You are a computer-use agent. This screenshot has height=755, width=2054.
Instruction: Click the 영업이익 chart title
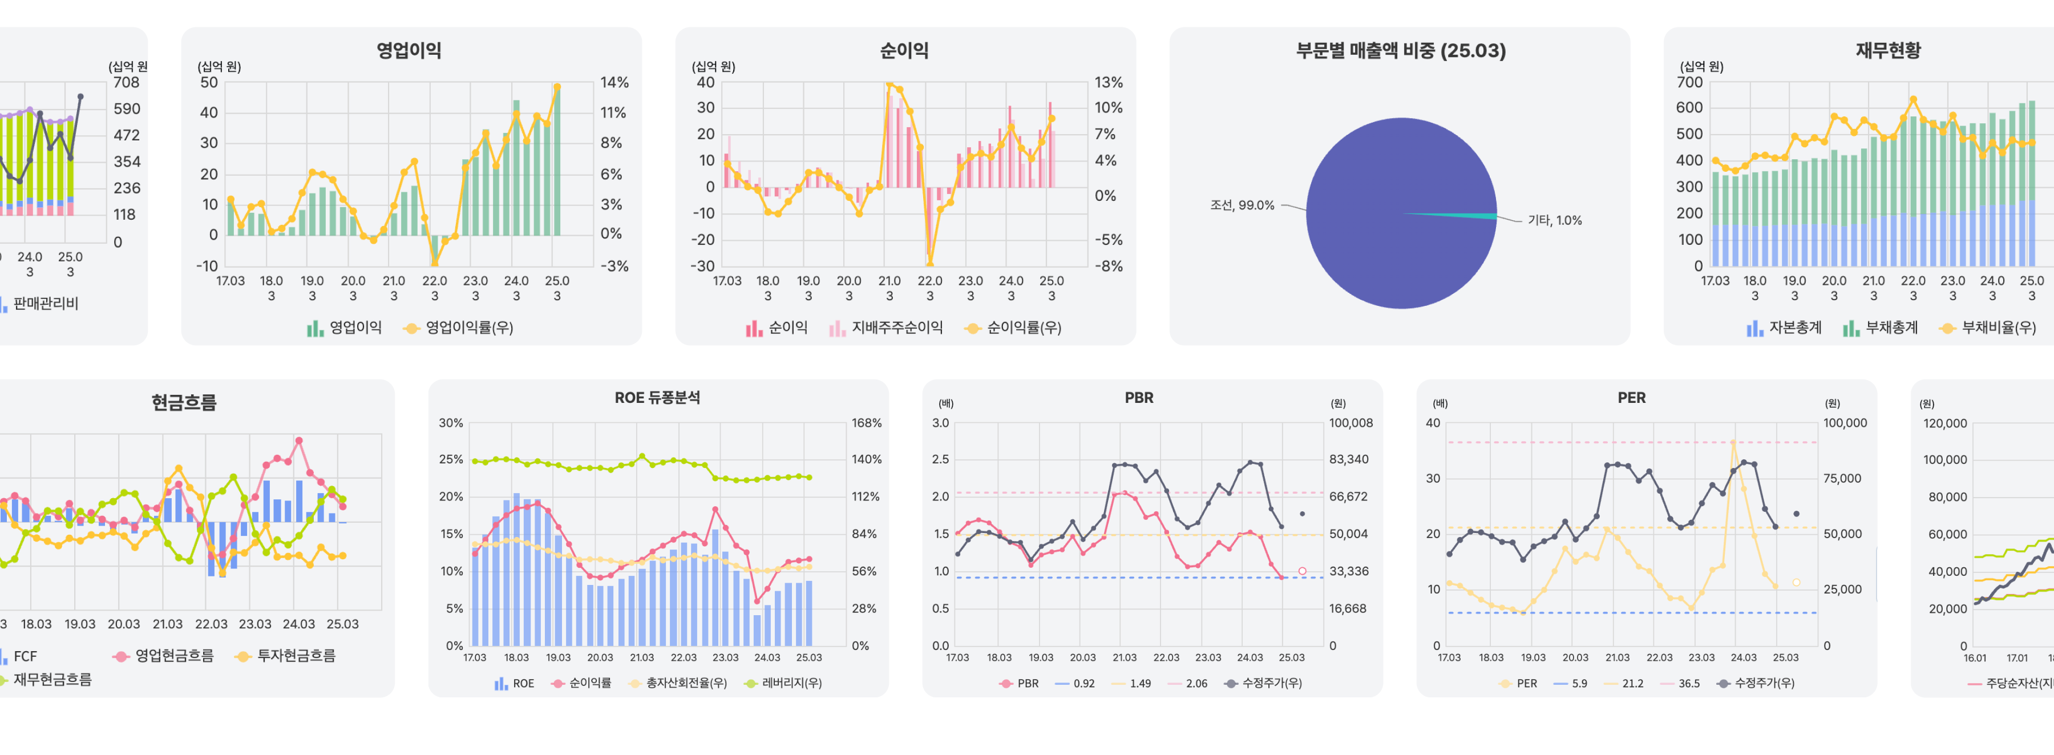[x=409, y=50]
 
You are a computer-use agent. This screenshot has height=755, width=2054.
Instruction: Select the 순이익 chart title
[x=904, y=50]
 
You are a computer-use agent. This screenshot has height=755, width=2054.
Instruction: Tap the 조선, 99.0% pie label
[x=1242, y=205]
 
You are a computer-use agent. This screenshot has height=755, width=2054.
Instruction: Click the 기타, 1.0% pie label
[x=1554, y=220]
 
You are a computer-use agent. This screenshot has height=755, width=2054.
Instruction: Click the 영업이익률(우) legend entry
[x=468, y=328]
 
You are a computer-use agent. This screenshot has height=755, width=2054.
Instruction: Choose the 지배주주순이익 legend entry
[x=896, y=328]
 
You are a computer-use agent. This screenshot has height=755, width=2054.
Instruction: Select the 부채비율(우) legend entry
[x=1998, y=328]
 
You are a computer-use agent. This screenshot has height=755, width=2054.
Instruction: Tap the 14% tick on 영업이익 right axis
[x=614, y=82]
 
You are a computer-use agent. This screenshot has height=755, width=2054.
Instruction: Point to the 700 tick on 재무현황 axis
[x=1689, y=82]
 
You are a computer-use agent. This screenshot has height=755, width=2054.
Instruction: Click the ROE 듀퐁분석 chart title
[x=657, y=397]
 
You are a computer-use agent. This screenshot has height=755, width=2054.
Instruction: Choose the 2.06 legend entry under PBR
[x=1196, y=683]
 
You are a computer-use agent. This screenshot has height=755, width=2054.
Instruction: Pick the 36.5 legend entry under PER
[x=1688, y=683]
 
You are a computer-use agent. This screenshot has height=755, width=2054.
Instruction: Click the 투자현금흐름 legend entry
[x=295, y=655]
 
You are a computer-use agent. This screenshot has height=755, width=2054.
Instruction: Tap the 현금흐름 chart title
[x=184, y=402]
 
